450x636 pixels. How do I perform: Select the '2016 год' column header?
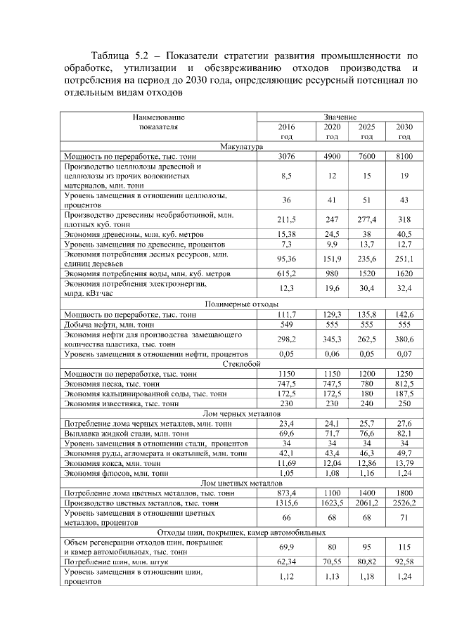coord(286,131)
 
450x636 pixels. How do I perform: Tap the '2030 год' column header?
coord(404,131)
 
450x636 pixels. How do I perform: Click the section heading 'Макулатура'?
coord(241,146)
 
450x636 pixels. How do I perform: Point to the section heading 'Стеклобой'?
coord(241,365)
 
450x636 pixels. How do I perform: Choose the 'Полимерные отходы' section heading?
coord(241,304)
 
